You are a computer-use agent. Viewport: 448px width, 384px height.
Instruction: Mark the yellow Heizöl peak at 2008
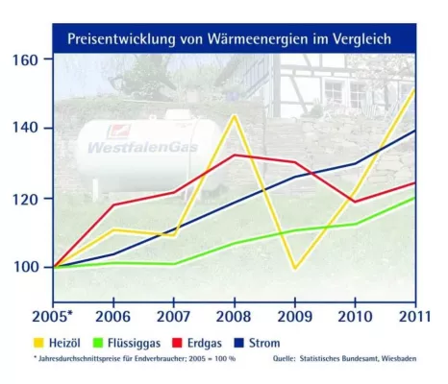235,116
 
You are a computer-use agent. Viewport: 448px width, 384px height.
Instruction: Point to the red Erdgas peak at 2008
235,155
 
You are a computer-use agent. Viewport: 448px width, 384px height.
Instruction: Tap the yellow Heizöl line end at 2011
414,89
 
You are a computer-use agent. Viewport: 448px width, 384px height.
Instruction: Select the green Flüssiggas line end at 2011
414,198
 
